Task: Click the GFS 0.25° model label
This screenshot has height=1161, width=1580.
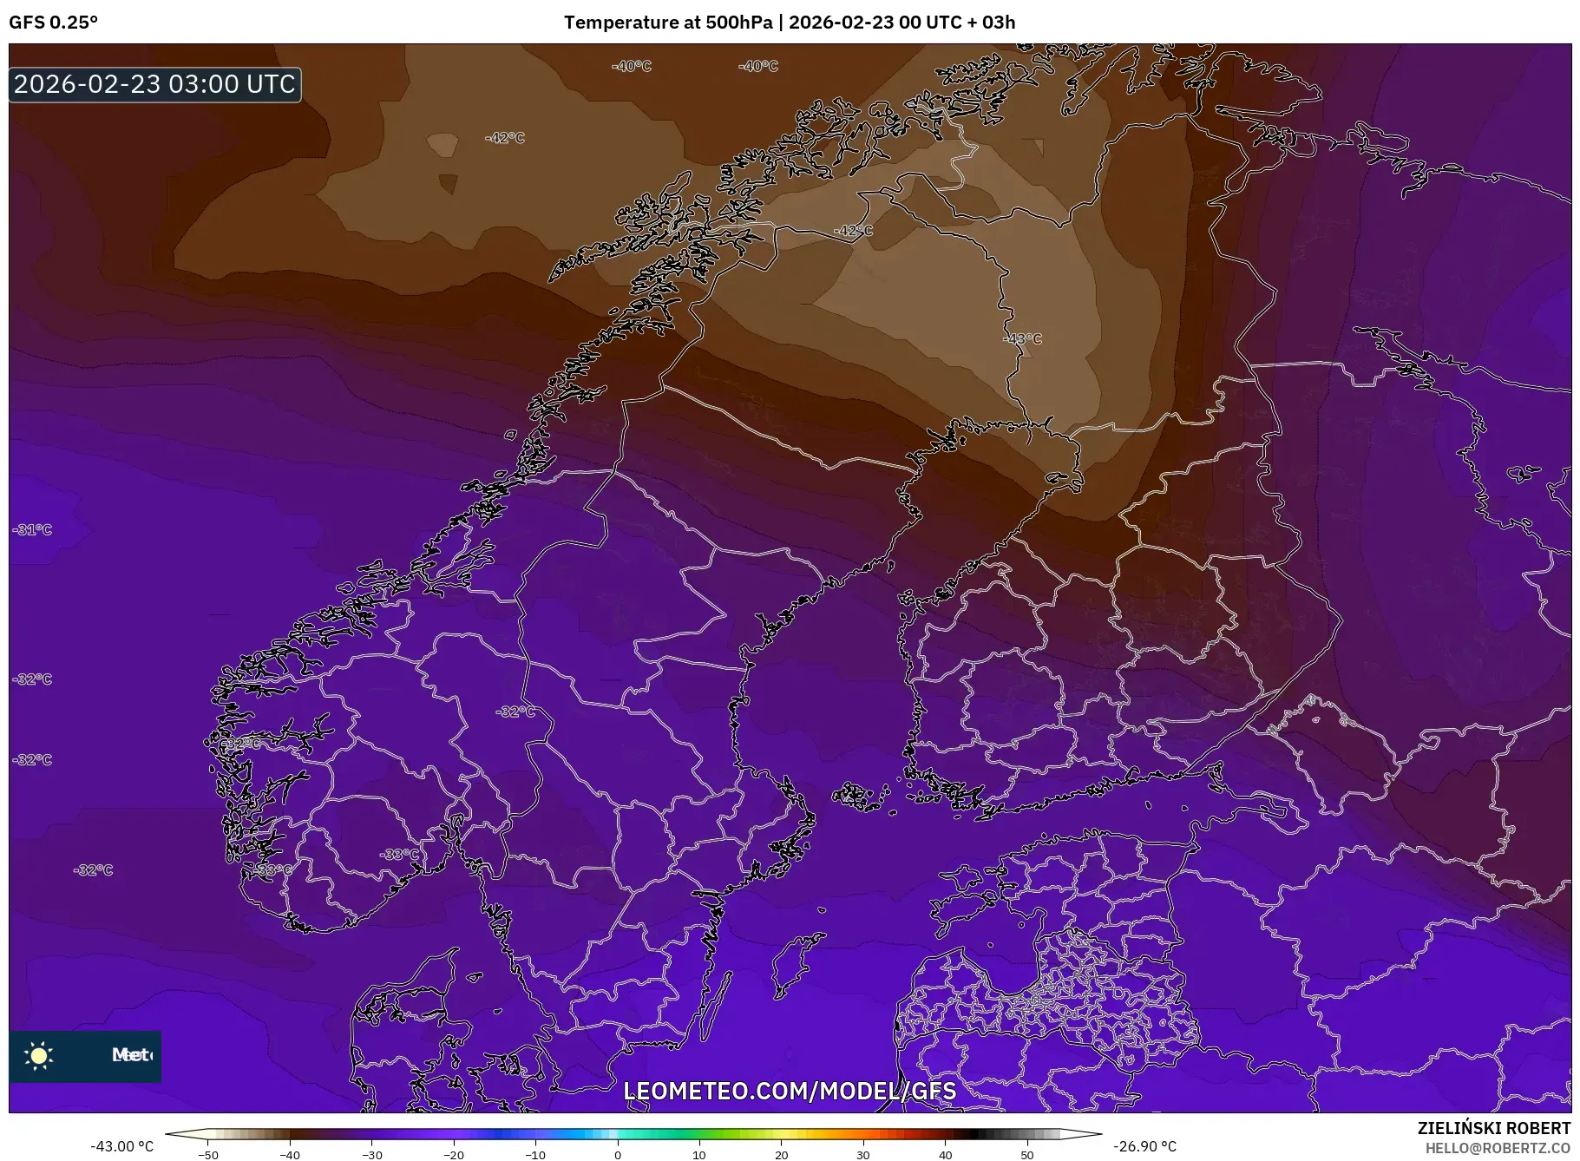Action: [53, 23]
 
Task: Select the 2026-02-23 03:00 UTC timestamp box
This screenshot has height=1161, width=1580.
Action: [155, 84]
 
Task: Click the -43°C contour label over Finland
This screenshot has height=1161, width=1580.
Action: [1021, 338]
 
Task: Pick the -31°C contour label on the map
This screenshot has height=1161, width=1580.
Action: [33, 529]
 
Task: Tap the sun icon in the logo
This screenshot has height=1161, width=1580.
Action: [39, 1055]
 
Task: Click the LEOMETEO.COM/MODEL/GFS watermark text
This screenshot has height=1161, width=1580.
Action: [790, 1091]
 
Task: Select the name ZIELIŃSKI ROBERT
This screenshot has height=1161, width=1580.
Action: [1493, 1128]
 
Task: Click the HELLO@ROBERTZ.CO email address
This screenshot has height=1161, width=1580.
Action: [1498, 1148]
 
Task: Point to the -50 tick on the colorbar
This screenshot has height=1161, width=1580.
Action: [208, 1155]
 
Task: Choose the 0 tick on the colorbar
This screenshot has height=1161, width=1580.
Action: [618, 1155]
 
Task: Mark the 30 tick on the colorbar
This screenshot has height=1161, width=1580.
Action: [863, 1155]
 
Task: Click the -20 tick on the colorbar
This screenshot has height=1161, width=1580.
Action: [454, 1155]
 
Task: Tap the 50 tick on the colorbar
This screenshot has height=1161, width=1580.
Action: [1027, 1155]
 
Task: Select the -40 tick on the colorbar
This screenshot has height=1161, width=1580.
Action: [290, 1155]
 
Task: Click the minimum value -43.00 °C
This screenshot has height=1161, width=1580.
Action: [121, 1146]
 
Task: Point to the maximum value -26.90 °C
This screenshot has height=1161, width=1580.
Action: [1144, 1146]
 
